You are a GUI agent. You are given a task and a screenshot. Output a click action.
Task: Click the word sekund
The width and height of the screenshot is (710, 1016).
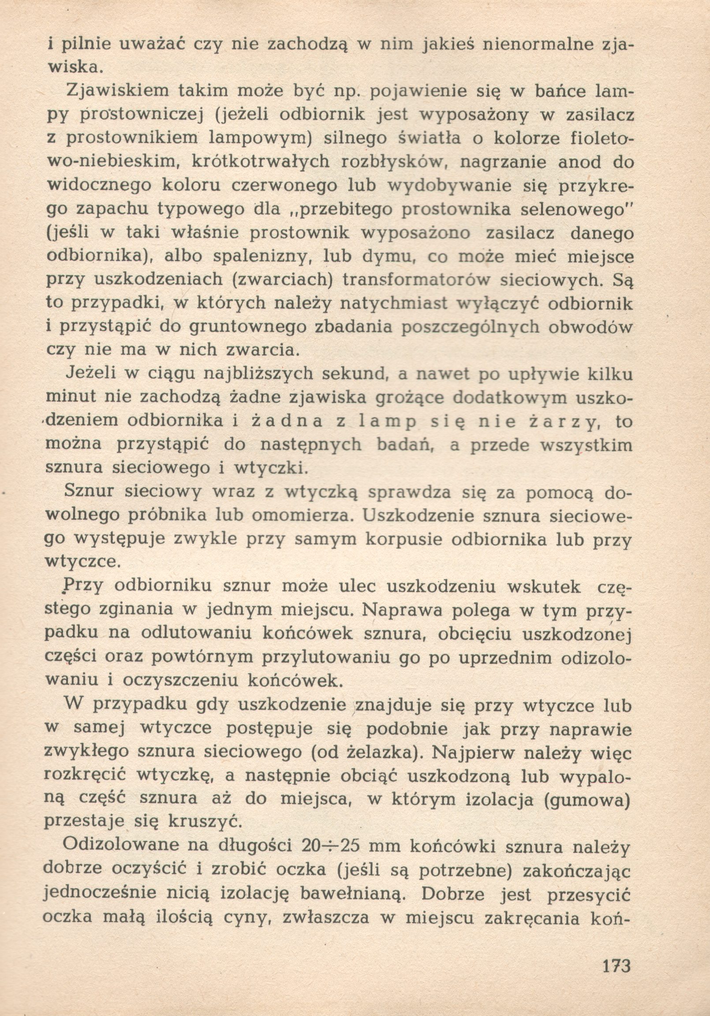click(x=351, y=375)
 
